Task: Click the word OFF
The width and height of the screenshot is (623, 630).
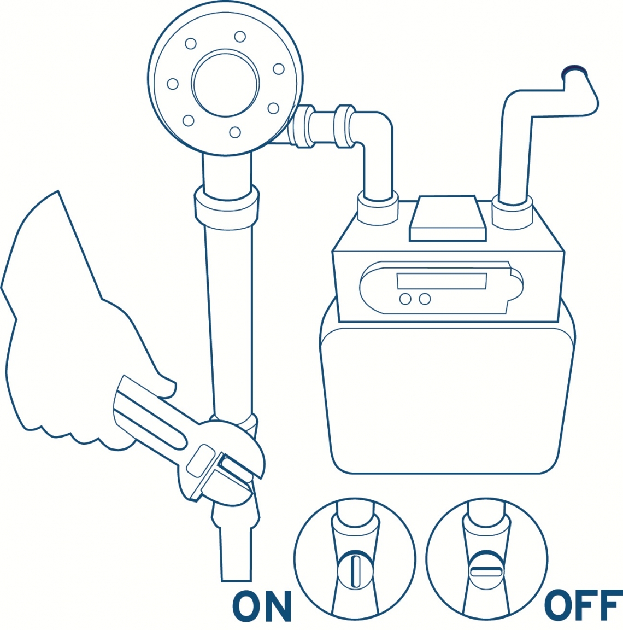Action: coord(583,606)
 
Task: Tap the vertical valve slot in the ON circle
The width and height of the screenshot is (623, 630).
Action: coord(355,571)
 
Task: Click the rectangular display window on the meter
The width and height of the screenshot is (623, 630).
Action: coord(441,281)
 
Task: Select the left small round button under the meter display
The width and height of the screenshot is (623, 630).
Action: coord(405,299)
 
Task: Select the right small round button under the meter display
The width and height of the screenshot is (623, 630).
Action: coord(425,299)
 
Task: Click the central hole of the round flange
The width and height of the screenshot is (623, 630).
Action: coord(225,83)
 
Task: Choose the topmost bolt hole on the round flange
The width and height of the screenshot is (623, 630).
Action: coord(240,37)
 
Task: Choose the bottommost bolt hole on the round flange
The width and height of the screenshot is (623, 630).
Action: coord(235,132)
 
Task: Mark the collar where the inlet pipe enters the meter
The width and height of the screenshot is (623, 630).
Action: coord(377,208)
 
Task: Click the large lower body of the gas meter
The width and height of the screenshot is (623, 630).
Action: coord(447,399)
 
